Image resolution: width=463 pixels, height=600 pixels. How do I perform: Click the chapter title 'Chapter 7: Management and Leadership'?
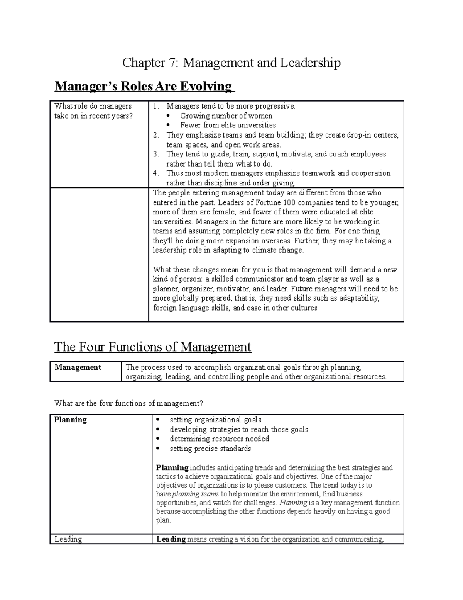pyautogui.click(x=231, y=63)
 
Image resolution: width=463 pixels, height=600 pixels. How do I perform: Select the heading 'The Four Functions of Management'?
pyautogui.click(x=152, y=347)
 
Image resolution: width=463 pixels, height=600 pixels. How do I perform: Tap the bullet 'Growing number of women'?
pyautogui.click(x=226, y=116)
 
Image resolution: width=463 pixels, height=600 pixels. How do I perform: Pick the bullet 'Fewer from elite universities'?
pyautogui.click(x=228, y=125)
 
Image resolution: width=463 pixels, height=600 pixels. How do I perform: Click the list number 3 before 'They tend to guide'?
pyautogui.click(x=155, y=154)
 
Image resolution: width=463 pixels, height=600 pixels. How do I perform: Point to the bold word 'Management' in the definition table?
pyautogui.click(x=78, y=367)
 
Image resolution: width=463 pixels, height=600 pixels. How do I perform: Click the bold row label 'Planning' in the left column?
pyautogui.click(x=71, y=420)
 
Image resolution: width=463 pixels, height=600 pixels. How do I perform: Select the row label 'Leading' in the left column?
pyautogui.click(x=68, y=539)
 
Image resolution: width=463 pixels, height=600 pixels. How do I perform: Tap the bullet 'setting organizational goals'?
pyautogui.click(x=215, y=420)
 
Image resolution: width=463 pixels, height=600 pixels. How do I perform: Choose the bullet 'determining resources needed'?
pyautogui.click(x=219, y=439)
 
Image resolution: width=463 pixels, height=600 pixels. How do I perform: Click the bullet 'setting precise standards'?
pyautogui.click(x=210, y=449)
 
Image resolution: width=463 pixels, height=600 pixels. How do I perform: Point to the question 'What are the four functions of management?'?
pyautogui.click(x=128, y=403)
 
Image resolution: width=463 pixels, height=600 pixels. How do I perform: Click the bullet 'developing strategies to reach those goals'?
pyautogui.click(x=239, y=430)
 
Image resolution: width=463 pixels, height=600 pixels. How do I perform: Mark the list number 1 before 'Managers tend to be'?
pyautogui.click(x=155, y=106)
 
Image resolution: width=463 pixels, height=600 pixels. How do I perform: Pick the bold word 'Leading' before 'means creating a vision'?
pyautogui.click(x=171, y=539)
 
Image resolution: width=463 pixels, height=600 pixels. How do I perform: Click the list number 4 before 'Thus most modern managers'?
pyautogui.click(x=155, y=173)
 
